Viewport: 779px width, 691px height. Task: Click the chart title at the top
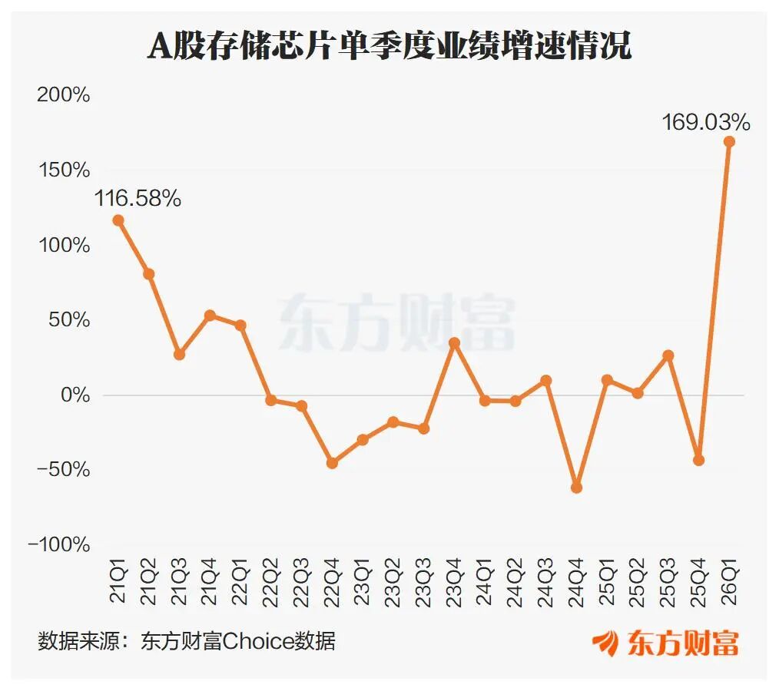coord(389,45)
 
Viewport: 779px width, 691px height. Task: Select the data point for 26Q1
coord(729,142)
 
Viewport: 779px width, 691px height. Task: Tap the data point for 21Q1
coord(118,220)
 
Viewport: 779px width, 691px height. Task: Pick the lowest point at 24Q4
coord(576,488)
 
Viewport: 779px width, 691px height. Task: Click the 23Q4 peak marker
coord(454,343)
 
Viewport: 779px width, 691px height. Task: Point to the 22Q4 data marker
coord(333,463)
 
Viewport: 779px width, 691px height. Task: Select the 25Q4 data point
coord(698,461)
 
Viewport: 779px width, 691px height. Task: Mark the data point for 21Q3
coord(179,355)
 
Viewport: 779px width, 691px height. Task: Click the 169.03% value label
coord(706,122)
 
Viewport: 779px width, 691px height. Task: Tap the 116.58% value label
coord(138,199)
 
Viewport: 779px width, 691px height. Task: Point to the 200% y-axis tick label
coord(64,94)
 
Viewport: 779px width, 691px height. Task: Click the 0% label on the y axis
coord(75,395)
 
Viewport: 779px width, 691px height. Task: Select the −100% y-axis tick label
coord(59,544)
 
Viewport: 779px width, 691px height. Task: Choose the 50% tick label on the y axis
coord(70,319)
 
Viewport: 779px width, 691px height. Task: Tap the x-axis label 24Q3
coord(545,582)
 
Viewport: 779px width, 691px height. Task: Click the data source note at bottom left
coord(187,641)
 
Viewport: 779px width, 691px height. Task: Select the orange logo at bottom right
coord(665,643)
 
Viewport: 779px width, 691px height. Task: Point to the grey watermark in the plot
coord(396,322)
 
